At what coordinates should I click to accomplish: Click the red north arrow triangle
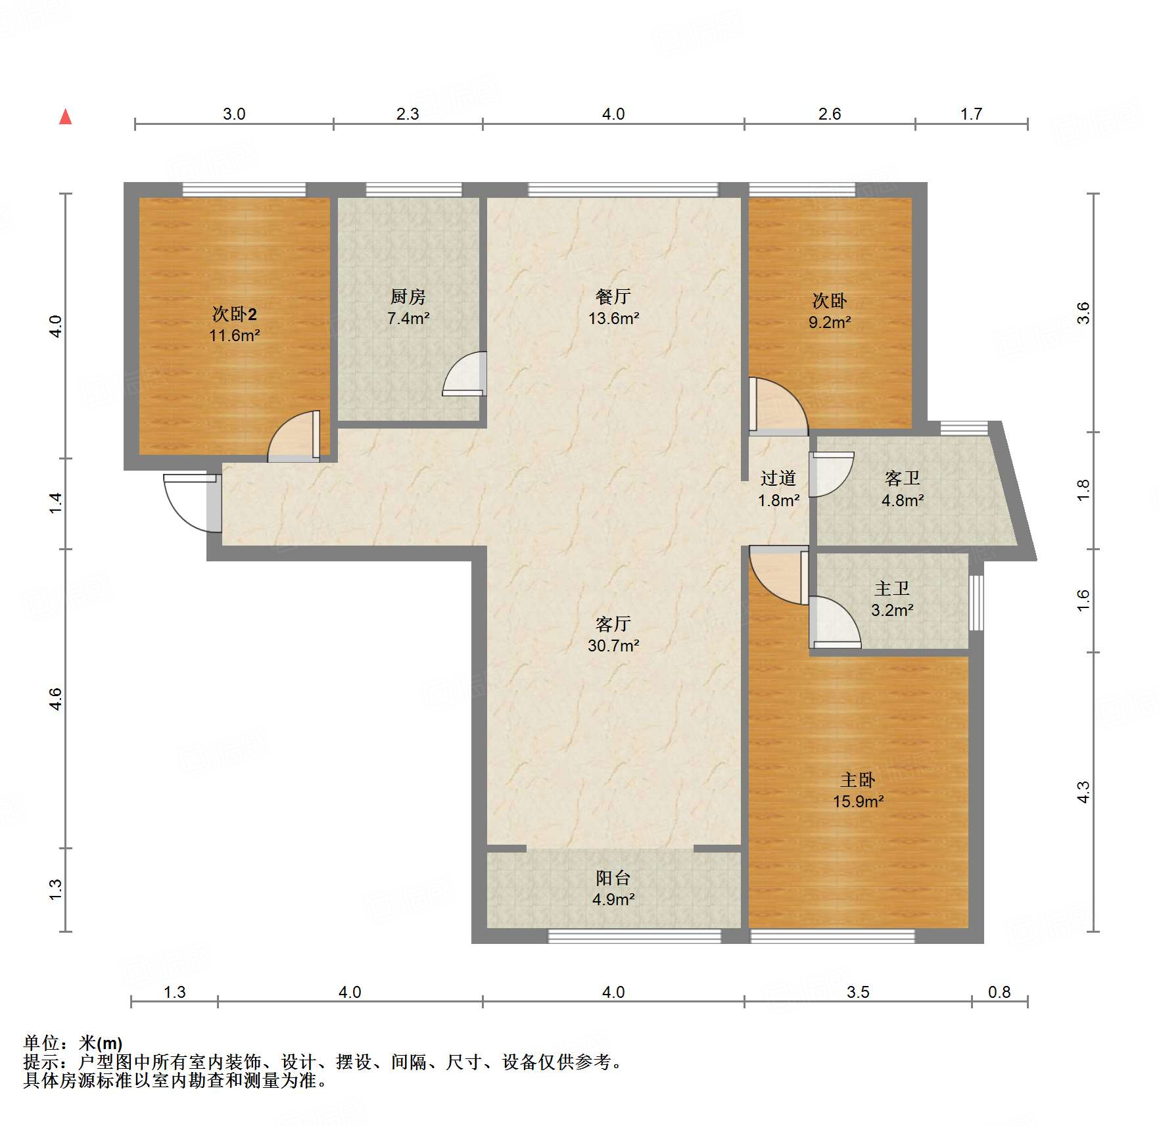[x=65, y=117]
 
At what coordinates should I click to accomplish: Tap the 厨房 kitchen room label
[x=408, y=296]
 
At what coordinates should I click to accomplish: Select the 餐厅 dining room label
[x=613, y=296]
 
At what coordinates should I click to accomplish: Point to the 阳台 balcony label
[x=613, y=878]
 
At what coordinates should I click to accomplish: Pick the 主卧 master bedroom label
[x=857, y=780]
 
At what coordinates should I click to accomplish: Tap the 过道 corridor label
[x=778, y=478]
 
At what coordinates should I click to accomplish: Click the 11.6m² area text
[x=235, y=335]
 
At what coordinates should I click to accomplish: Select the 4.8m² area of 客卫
[x=903, y=500]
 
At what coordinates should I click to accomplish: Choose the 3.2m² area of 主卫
[x=892, y=610]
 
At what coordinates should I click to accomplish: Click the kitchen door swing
[x=465, y=374]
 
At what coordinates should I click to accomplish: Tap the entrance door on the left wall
[x=192, y=503]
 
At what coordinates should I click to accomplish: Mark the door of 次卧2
[x=294, y=436]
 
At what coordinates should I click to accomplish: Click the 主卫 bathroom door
[x=835, y=622]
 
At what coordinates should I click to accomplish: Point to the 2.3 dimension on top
[x=408, y=114]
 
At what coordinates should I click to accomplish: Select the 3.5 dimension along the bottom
[x=858, y=992]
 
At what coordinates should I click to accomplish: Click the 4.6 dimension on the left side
[x=56, y=699]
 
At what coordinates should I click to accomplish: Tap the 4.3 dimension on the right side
[x=1083, y=791]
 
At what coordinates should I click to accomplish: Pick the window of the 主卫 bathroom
[x=977, y=603]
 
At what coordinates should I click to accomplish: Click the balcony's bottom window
[x=635, y=936]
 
